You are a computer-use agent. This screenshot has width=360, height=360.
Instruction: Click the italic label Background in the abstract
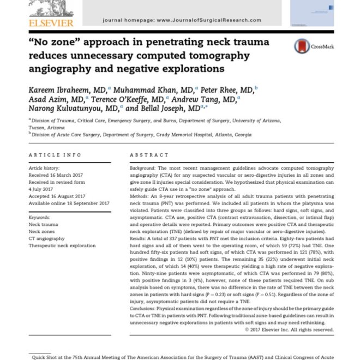[x=143, y=170]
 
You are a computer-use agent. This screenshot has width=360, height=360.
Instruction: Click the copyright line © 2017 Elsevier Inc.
[x=290, y=329]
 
